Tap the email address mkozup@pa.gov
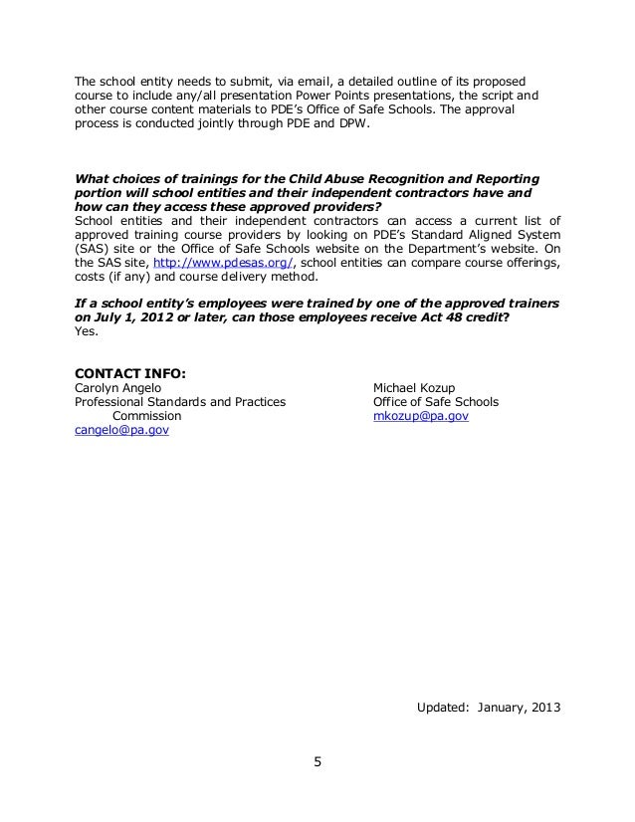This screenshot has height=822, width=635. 419,417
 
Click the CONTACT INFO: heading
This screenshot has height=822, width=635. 131,373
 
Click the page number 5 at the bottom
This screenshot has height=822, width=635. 317,763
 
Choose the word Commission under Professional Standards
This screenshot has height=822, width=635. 145,416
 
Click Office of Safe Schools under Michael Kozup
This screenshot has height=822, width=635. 435,402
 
